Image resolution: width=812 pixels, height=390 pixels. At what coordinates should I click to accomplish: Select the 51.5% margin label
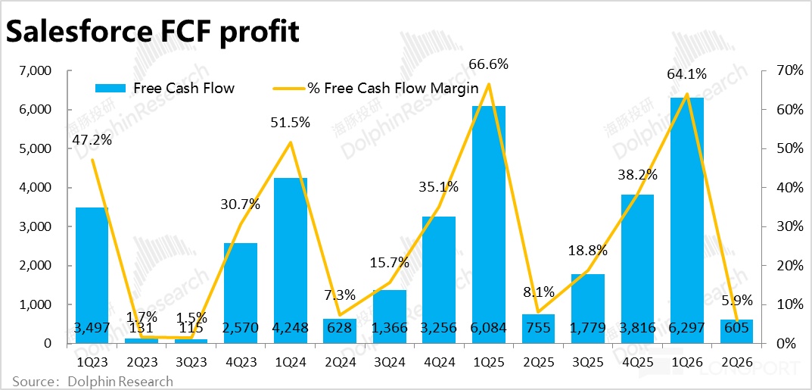pyautogui.click(x=289, y=122)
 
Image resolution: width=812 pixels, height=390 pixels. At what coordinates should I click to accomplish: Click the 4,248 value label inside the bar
pyautogui.click(x=289, y=328)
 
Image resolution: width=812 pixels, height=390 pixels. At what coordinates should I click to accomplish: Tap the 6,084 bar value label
pyautogui.click(x=488, y=328)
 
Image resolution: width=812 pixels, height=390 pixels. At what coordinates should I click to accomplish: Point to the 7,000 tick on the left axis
pyautogui.click(x=35, y=71)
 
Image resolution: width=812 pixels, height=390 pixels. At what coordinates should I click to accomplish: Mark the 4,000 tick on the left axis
pyautogui.click(x=35, y=188)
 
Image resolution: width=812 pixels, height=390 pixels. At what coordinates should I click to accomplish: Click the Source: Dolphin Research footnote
pyautogui.click(x=92, y=381)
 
